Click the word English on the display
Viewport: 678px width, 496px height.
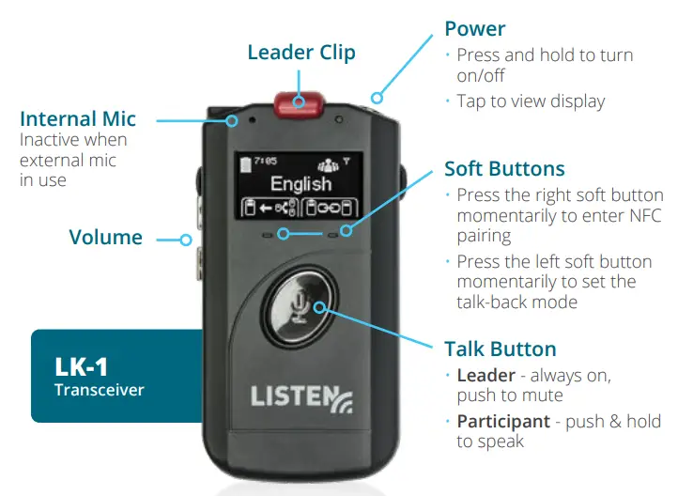point(300,184)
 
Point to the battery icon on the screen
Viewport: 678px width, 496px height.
point(247,159)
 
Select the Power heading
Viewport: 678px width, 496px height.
point(475,29)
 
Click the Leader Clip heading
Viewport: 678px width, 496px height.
point(301,52)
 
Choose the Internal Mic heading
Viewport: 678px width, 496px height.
point(78,119)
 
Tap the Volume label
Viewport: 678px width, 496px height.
point(105,237)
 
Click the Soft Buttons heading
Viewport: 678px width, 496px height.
point(504,169)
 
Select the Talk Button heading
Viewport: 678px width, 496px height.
point(500,349)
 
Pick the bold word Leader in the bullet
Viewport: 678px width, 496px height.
point(485,376)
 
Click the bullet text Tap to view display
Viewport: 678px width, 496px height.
point(531,101)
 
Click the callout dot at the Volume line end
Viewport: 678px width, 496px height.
point(186,240)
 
